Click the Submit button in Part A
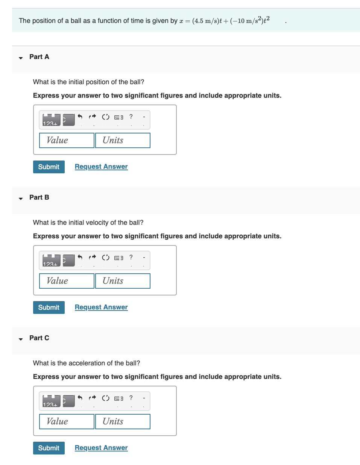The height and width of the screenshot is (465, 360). click(x=49, y=167)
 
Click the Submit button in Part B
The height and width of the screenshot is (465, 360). click(x=49, y=307)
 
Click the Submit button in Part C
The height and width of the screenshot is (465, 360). click(x=49, y=448)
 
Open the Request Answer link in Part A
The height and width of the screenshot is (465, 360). click(x=101, y=167)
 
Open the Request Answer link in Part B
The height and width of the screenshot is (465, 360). click(x=101, y=307)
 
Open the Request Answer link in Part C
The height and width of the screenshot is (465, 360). click(x=101, y=448)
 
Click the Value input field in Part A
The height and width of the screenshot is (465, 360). click(x=67, y=140)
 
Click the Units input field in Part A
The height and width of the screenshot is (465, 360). click(x=123, y=140)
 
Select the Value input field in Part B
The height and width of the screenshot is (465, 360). click(x=67, y=281)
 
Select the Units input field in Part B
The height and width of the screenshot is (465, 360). click(x=123, y=281)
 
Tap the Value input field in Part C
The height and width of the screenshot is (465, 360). click(x=67, y=421)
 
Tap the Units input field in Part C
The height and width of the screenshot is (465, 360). click(x=123, y=421)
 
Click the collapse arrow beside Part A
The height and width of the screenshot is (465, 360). click(x=21, y=58)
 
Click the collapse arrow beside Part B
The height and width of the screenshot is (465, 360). click(x=21, y=198)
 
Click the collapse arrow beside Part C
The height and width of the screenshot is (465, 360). click(x=21, y=339)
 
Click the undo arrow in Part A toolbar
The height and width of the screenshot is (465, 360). click(x=80, y=117)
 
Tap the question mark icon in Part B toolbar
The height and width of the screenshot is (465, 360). click(x=131, y=257)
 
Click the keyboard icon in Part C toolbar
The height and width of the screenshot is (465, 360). click(x=118, y=398)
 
